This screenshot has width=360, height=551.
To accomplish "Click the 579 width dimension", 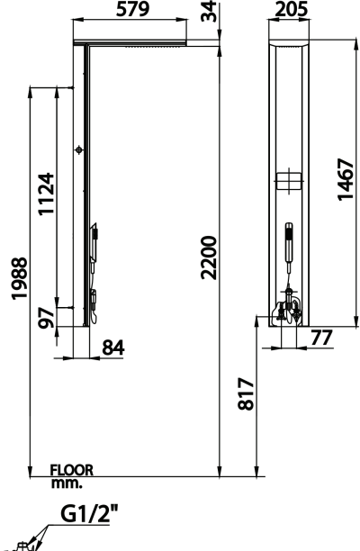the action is pyautogui.click(x=133, y=9).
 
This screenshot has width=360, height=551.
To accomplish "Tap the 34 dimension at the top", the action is pyautogui.click(x=209, y=11).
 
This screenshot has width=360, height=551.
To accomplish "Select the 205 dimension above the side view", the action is pyautogui.click(x=292, y=9).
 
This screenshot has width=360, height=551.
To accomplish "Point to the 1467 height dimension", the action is pyautogui.click(x=345, y=179).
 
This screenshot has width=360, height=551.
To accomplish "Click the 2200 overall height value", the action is pyautogui.click(x=209, y=257).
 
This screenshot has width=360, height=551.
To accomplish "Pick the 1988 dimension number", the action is pyautogui.click(x=19, y=278).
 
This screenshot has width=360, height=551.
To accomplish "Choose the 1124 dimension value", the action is pyautogui.click(x=47, y=194).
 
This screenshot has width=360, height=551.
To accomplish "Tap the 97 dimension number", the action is pyautogui.click(x=47, y=318).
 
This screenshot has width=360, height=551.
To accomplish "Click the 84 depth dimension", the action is pyautogui.click(x=113, y=348).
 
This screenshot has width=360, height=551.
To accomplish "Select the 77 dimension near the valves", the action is pyautogui.click(x=321, y=338).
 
